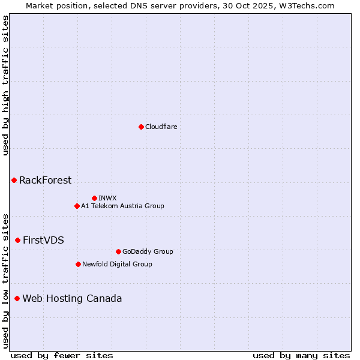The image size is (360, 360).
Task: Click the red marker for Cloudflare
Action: [141, 127]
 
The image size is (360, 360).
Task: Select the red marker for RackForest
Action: [14, 181]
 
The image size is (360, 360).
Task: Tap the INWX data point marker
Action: [94, 198]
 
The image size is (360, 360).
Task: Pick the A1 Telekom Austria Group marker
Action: [77, 206]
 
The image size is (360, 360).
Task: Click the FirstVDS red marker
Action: [17, 241]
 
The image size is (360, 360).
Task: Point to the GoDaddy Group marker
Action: [118, 251]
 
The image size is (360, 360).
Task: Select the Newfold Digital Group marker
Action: [78, 264]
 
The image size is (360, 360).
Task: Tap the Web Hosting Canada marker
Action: [17, 299]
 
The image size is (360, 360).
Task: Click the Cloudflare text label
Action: [161, 127]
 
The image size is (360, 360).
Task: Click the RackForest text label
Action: [45, 181]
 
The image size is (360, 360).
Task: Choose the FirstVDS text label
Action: [43, 241]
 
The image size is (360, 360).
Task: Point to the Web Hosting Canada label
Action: [72, 299]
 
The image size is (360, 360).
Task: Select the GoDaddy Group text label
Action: [148, 251]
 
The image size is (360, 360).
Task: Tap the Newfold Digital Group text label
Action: [117, 264]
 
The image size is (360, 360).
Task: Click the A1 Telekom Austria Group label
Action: [122, 206]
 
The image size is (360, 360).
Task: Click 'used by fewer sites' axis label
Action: [62, 355]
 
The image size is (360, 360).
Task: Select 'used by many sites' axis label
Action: [301, 355]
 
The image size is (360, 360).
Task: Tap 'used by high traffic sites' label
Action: [5, 85]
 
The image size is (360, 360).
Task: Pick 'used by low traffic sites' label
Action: [5, 280]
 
